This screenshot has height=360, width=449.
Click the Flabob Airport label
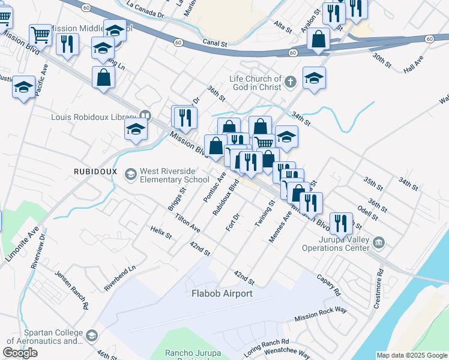coord(222,293)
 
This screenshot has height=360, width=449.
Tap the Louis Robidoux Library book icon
coord(145,116)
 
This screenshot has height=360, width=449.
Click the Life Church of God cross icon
coord(291,82)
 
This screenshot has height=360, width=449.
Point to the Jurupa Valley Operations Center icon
coord(378,243)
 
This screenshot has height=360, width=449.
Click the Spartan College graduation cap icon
coord(92,335)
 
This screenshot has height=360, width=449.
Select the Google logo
coord(20,353)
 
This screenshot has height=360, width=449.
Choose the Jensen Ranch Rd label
coord(71,290)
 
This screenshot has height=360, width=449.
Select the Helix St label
coord(161,232)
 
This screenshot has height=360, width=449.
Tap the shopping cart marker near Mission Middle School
coord(40,35)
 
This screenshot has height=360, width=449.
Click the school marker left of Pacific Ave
coord(23,88)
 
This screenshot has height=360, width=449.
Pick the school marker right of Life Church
coord(314,78)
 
